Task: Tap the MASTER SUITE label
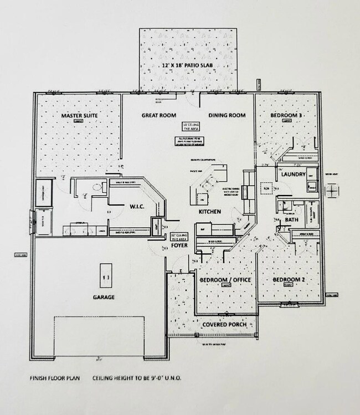79,115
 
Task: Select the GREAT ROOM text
159,115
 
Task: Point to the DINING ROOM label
227,115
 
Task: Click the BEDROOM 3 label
286,115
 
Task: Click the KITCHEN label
210,212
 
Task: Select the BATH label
292,221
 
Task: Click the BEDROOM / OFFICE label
225,280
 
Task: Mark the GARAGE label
104,297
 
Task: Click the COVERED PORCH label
224,324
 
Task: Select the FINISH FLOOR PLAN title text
54,379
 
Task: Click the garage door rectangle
99,337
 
